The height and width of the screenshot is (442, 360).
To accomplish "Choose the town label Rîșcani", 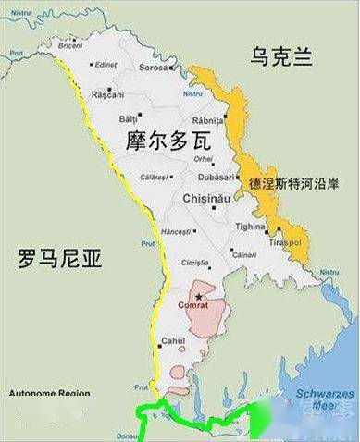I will [108, 95].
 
